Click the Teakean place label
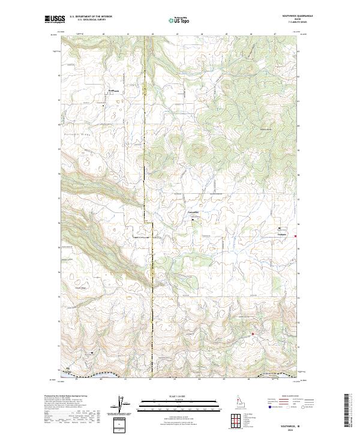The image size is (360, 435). pyautogui.click(x=282, y=233)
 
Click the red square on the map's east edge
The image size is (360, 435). pyautogui.click(x=295, y=236)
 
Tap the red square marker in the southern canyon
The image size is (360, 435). pyautogui.click(x=253, y=334)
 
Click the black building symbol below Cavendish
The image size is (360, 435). pyautogui.click(x=193, y=220)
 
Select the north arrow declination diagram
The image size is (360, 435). pyautogui.click(x=122, y=406)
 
